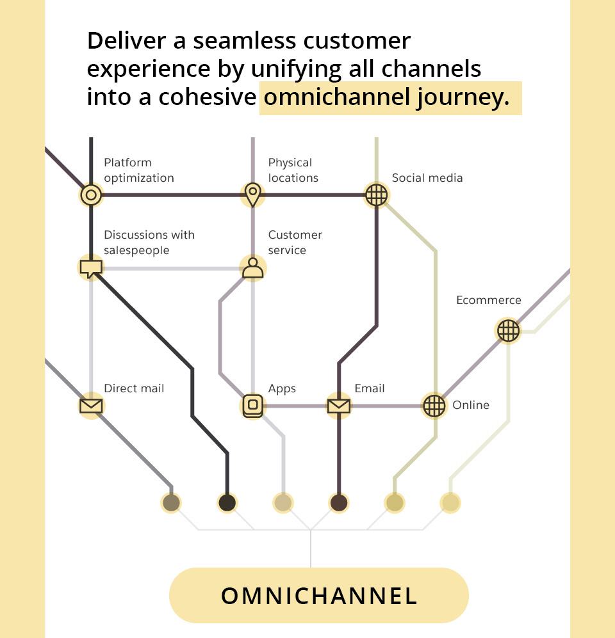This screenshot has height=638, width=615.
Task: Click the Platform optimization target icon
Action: pyautogui.click(x=91, y=195)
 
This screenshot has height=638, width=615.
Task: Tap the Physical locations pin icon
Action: pyautogui.click(x=253, y=194)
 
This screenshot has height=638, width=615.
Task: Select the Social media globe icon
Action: pyautogui.click(x=376, y=195)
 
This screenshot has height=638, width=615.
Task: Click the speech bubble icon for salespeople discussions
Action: pyautogui.click(x=91, y=267)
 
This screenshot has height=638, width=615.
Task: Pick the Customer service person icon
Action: pyautogui.click(x=253, y=267)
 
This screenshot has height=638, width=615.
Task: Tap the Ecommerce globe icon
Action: pyautogui.click(x=509, y=330)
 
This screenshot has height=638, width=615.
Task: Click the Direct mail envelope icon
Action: pyautogui.click(x=91, y=406)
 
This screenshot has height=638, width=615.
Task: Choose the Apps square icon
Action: pyautogui.click(x=253, y=406)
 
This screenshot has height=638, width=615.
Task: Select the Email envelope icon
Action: pyautogui.click(x=338, y=406)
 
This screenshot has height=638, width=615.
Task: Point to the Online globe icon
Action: pyautogui.click(x=434, y=406)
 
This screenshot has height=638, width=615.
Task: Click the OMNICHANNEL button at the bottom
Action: pyautogui.click(x=319, y=595)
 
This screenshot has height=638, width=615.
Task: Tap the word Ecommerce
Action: pyautogui.click(x=488, y=300)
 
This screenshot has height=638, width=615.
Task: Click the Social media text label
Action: pyautogui.click(x=427, y=178)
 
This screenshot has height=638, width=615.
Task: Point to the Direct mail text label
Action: pyautogui.click(x=134, y=388)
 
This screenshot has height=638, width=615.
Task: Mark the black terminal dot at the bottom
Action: pyautogui.click(x=227, y=503)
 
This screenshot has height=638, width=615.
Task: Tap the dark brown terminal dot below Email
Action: pyautogui.click(x=338, y=503)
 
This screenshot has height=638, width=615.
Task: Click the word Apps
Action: pyautogui.click(x=282, y=388)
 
